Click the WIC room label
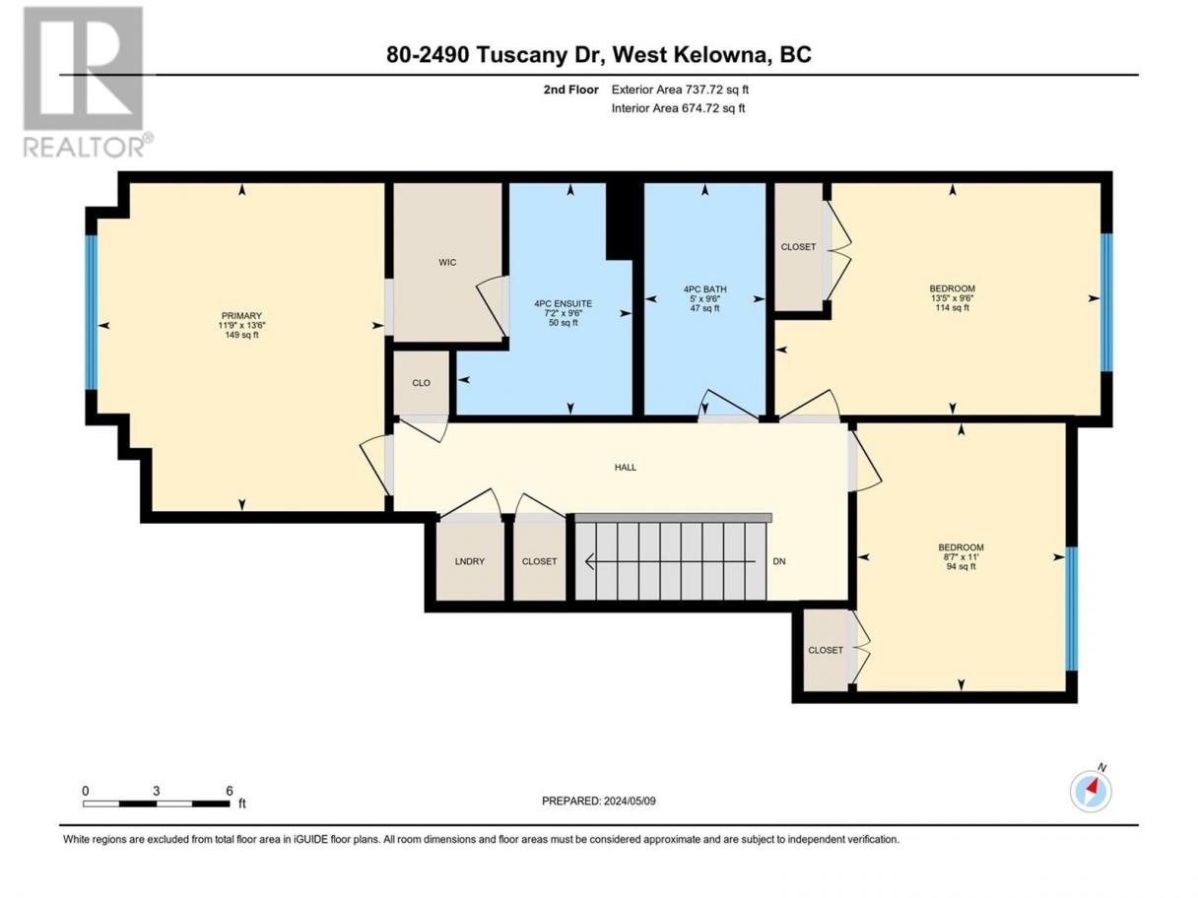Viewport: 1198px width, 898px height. coord(447,262)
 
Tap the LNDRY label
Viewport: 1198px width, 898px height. coord(469,561)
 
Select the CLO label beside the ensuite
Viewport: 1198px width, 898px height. coord(421,383)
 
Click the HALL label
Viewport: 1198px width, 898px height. coord(625,468)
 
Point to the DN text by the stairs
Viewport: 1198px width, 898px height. coord(779,561)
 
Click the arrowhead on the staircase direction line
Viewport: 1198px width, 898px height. coord(590,561)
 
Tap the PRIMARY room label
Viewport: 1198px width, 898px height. coord(241,316)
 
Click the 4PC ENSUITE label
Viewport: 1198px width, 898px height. coord(563,303)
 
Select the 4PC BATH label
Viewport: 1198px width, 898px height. coord(704,289)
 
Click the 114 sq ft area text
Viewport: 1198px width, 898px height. coord(952,307)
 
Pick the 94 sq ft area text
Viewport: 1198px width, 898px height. coord(961,566)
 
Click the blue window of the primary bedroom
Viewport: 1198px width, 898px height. coord(92,312)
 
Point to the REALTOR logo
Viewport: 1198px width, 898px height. coord(88,82)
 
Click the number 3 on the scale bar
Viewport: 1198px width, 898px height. coord(156,791)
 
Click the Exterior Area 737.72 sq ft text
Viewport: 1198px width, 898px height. coord(680,90)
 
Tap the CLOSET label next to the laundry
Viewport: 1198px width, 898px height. coord(539,561)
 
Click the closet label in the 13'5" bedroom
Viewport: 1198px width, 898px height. coord(798,247)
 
